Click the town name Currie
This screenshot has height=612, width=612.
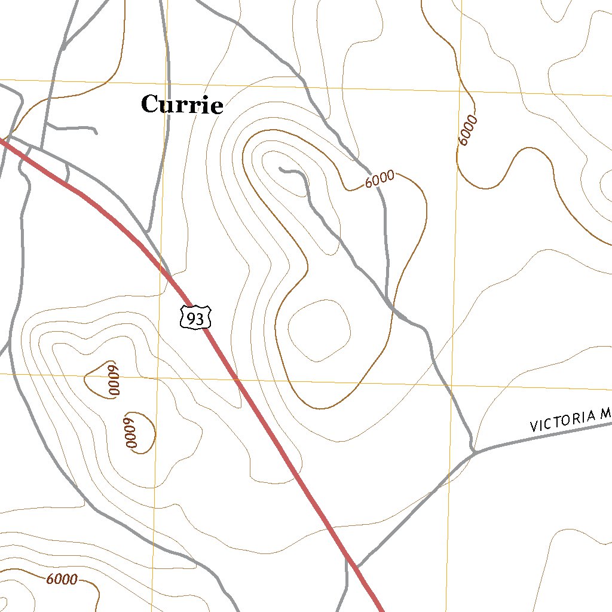pos(182,105)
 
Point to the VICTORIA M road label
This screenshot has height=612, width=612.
pos(571,419)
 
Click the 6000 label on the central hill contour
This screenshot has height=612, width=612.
pos(380,179)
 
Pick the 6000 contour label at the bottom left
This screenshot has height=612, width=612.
pos(62,579)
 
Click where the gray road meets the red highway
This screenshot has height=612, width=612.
pos(356,566)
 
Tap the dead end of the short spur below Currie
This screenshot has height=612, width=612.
pos(96,132)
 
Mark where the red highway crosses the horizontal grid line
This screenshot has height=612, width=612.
pos(235,379)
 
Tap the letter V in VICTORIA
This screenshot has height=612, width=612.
pos(534,427)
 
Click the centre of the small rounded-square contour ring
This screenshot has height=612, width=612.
pos(319,330)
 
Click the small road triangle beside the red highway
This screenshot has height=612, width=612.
pos(62,174)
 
